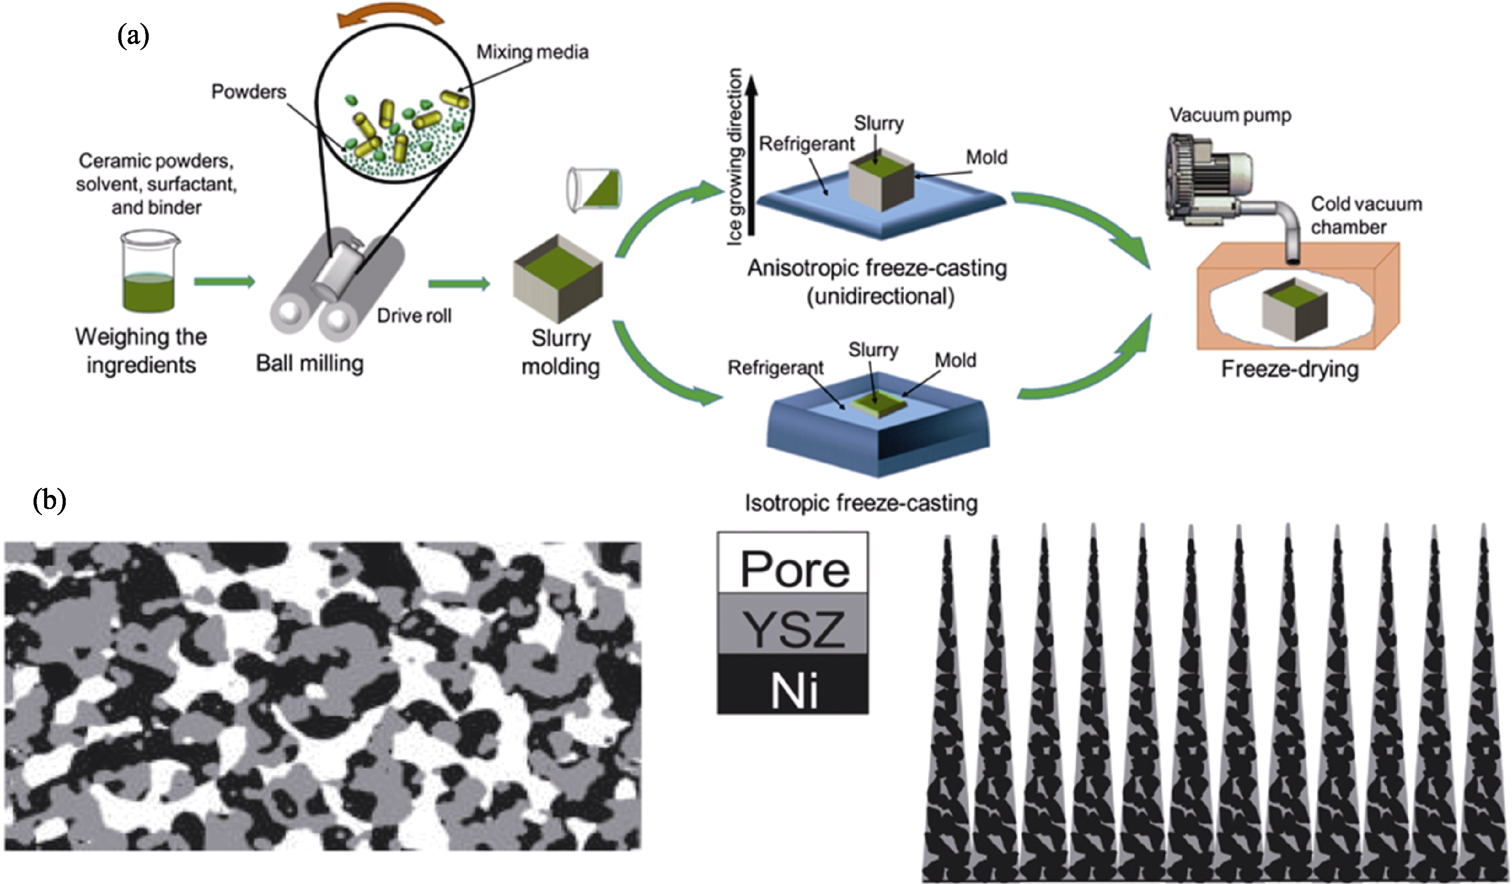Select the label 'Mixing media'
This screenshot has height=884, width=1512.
pyautogui.click(x=532, y=52)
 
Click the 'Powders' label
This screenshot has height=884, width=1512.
pyautogui.click(x=248, y=92)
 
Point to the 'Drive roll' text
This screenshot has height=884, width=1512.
pyautogui.click(x=414, y=315)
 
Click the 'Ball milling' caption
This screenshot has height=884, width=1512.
pyautogui.click(x=310, y=363)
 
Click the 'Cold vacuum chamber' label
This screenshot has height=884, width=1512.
pyautogui.click(x=1365, y=215)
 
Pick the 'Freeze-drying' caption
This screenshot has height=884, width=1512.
pyautogui.click(x=1290, y=369)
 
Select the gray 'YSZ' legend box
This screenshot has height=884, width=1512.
pyautogui.click(x=793, y=624)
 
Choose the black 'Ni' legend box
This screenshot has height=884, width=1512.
pyautogui.click(x=793, y=684)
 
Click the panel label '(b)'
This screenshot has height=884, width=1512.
pyautogui.click(x=49, y=500)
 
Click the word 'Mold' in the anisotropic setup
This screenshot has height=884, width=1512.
pyautogui.click(x=986, y=158)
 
